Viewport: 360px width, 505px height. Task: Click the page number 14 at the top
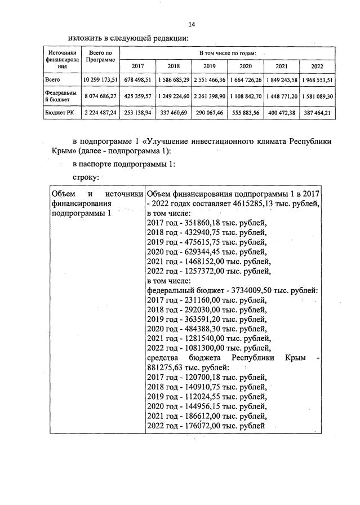click(191, 25)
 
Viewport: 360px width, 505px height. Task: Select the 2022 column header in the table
click(317, 66)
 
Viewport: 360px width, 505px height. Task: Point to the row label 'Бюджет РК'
click(59, 113)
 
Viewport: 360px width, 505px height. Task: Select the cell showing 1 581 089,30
click(317, 96)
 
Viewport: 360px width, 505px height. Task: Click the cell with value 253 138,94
click(137, 113)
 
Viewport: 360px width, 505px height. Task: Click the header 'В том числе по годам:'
click(227, 52)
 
